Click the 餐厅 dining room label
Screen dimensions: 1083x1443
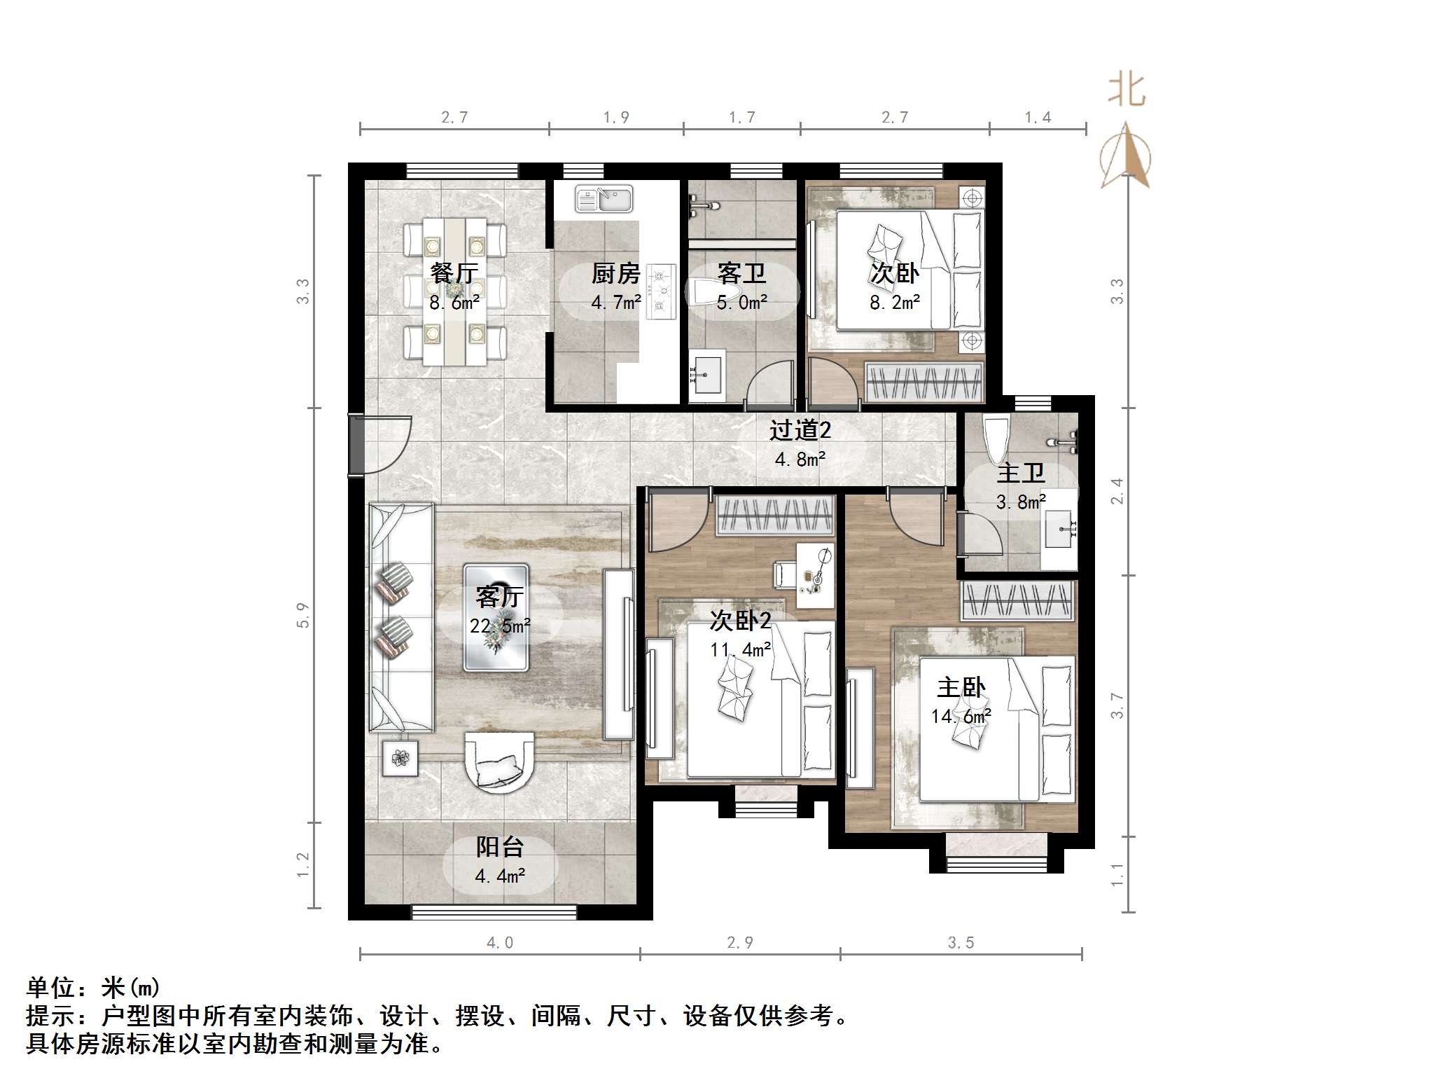coord(454,273)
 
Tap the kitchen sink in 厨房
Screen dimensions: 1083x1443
coord(604,199)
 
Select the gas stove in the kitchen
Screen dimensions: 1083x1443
coord(660,291)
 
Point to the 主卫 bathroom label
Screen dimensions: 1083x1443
coord(1020,473)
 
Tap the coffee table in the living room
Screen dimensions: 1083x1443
coord(496,618)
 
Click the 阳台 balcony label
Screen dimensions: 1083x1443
coord(499,847)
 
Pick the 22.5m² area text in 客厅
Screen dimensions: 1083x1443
coord(499,626)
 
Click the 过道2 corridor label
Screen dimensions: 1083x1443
coord(800,429)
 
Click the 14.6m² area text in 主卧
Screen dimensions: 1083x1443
coord(961,716)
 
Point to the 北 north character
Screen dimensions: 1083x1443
coord(1126,90)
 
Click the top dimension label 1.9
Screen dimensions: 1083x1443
coord(615,118)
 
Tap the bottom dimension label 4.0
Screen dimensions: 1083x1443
coord(499,943)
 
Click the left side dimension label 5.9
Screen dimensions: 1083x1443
coord(302,615)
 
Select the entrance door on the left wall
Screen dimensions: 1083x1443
coord(356,446)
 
